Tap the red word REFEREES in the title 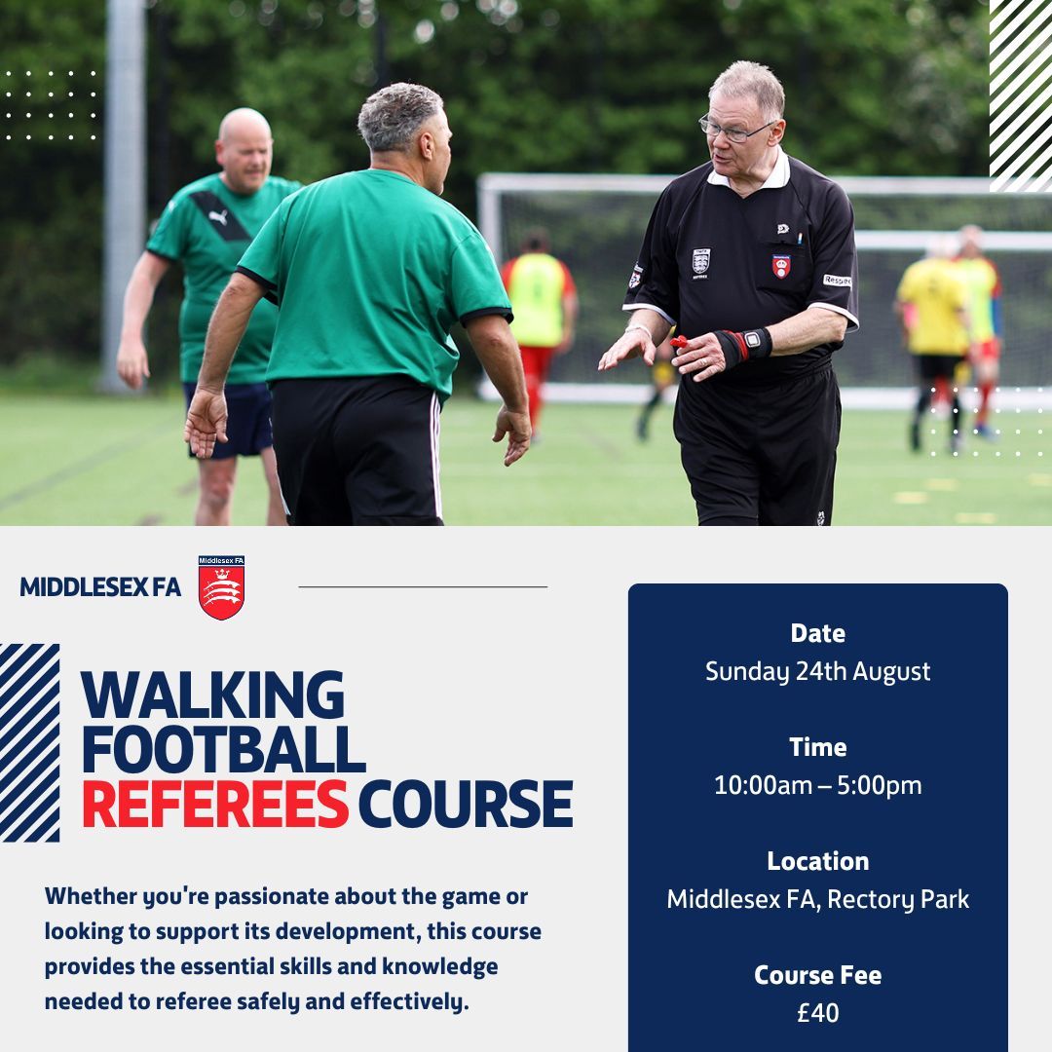(x=214, y=805)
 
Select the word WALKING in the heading (x=212, y=695)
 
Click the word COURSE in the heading (x=465, y=805)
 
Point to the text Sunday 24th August (x=817, y=671)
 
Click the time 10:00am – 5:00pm (x=817, y=785)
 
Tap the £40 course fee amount (x=817, y=1013)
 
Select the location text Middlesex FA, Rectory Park (x=817, y=899)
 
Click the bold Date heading (x=817, y=633)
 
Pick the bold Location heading (x=817, y=861)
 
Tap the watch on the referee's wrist (x=751, y=342)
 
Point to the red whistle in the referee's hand (x=680, y=341)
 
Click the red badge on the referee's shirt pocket (x=781, y=266)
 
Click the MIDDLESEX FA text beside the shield (x=100, y=587)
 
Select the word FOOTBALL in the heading (x=223, y=749)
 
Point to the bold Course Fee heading (x=817, y=975)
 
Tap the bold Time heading (x=817, y=747)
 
